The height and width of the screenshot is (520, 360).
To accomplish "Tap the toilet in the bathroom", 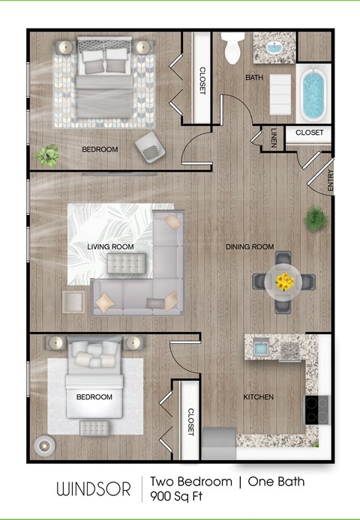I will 232,49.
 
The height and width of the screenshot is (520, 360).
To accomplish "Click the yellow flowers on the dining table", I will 283,282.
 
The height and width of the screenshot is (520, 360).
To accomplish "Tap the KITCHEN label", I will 258,396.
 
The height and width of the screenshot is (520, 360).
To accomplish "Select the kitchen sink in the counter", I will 260,347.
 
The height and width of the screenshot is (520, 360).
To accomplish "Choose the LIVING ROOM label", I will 110,247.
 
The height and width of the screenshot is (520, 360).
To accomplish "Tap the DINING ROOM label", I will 250,247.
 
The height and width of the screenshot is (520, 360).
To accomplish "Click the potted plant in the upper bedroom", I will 49,155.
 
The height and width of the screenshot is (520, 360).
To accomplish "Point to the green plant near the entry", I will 315,220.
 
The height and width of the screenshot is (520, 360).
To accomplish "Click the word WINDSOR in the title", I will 94,489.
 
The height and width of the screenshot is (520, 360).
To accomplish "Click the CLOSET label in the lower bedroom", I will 190,422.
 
